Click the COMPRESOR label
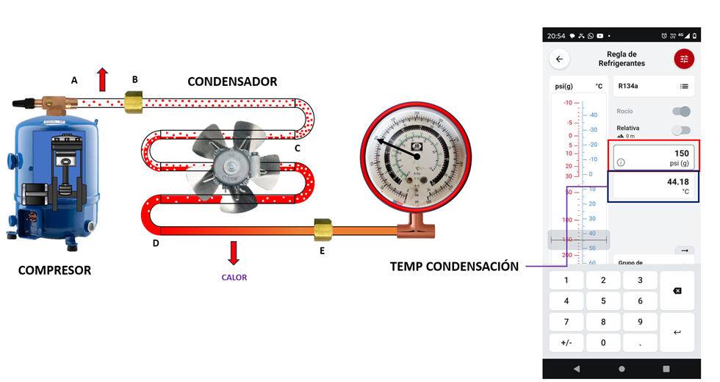tap(55, 270)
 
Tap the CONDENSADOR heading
tap(232, 82)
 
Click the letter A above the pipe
tap(74, 81)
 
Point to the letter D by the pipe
tap(156, 242)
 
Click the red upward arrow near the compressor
tap(103, 79)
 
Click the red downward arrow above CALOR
tap(234, 252)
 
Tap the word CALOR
tap(234, 278)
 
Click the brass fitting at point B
tap(134, 101)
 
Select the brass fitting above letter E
tap(321, 229)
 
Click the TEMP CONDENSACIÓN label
tap(454, 266)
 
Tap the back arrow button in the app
tap(560, 59)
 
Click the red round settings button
tap(684, 59)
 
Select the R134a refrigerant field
tap(653, 86)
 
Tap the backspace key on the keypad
tap(677, 291)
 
